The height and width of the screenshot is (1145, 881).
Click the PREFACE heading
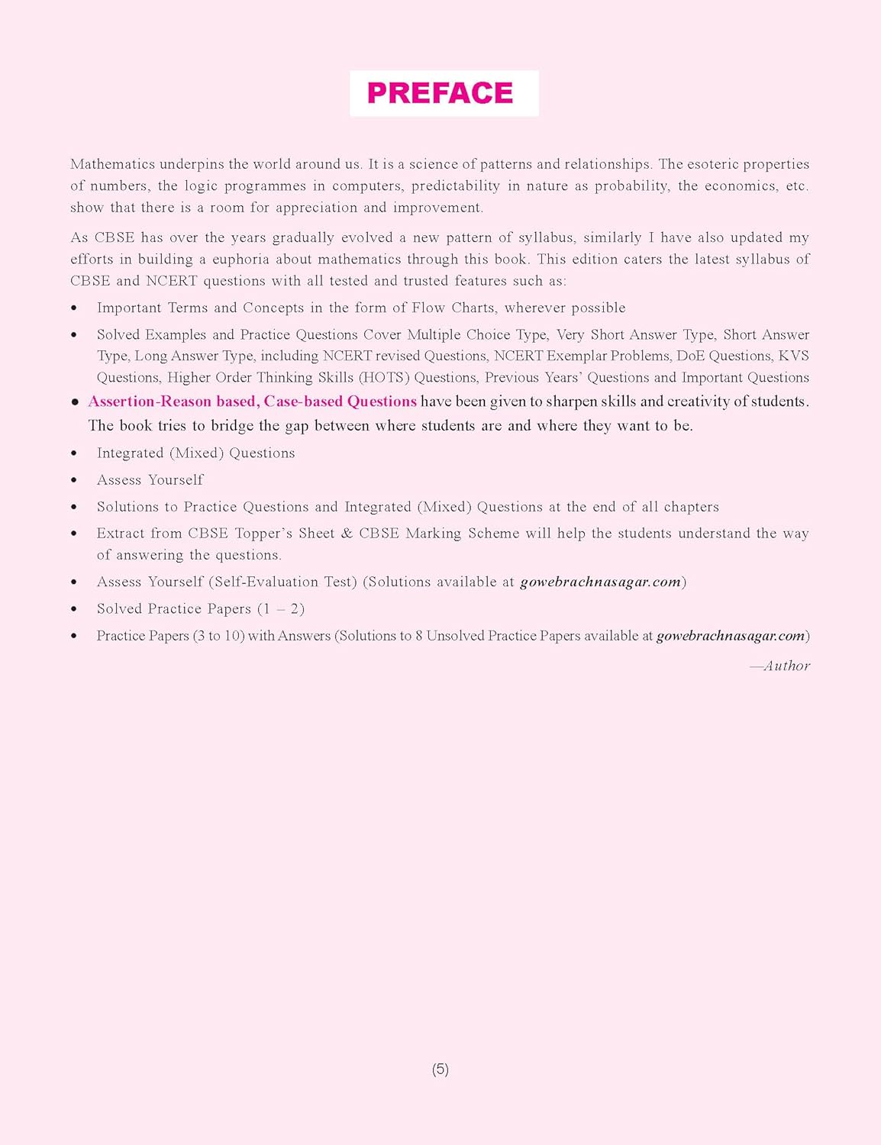coord(440,93)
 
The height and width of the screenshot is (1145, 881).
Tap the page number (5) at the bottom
coord(440,1069)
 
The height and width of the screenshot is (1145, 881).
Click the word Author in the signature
coord(786,666)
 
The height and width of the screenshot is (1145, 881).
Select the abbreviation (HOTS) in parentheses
coord(384,377)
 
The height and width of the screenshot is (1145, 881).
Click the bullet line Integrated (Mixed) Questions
coord(195,453)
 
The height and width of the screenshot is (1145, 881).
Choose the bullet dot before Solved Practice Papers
coord(74,609)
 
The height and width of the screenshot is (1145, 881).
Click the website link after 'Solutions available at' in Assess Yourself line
coord(600,582)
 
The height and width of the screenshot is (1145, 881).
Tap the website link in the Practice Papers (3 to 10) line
coord(731,635)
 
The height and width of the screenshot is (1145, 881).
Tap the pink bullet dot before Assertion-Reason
coord(75,402)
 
